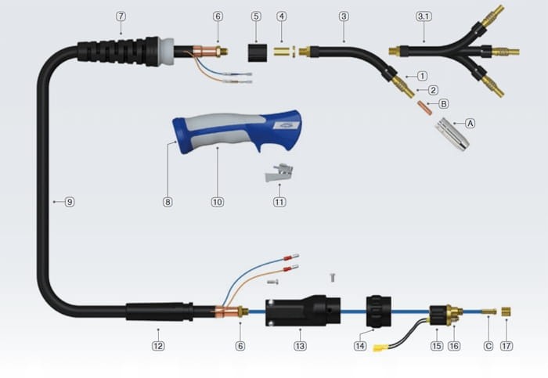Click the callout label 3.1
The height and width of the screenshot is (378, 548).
[x=424, y=16]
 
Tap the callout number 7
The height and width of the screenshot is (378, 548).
[x=121, y=16]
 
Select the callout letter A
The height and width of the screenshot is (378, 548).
[x=470, y=124]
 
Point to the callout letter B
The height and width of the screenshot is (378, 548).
[x=444, y=104]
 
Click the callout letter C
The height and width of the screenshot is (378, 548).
[x=489, y=346]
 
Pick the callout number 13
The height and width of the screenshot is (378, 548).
[x=300, y=346]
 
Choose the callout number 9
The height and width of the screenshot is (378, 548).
[x=70, y=202]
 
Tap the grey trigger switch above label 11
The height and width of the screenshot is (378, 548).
[x=279, y=173]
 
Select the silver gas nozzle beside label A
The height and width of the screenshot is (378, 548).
[x=452, y=134]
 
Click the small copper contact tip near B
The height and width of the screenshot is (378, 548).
[x=424, y=107]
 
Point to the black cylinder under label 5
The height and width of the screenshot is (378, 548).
[x=258, y=52]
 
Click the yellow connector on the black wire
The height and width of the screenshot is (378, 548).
[x=380, y=348]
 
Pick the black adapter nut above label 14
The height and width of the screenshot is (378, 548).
[x=378, y=311]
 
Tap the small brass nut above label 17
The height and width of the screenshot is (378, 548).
[x=506, y=311]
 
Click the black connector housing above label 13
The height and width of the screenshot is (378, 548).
[x=303, y=311]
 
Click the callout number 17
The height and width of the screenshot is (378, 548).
[x=507, y=346]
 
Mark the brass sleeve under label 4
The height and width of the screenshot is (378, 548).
[x=282, y=52]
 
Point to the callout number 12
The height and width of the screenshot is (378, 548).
[x=158, y=346]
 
